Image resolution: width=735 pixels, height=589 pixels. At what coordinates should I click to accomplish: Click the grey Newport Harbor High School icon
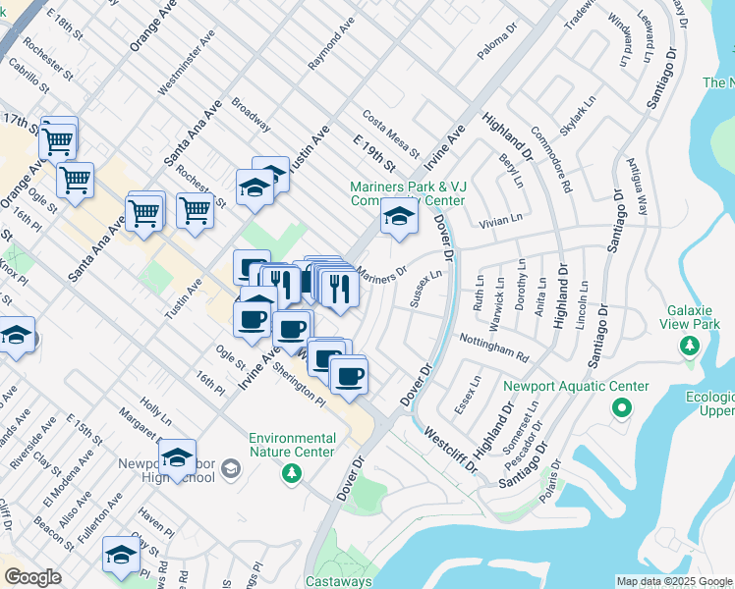click(230, 470)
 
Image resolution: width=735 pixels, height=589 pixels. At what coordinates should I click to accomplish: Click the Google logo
click(32, 578)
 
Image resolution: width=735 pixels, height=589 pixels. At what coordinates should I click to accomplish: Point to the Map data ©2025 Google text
click(674, 581)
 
